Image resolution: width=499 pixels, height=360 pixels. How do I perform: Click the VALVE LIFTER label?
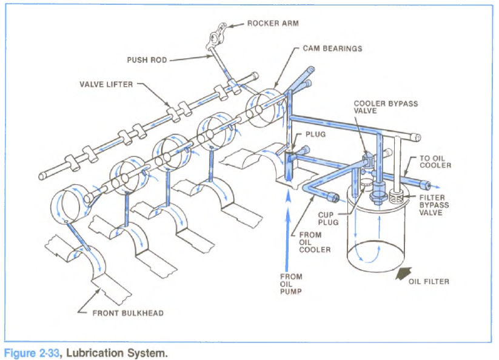[105, 84]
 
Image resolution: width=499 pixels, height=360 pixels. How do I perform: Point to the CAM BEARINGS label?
[332, 48]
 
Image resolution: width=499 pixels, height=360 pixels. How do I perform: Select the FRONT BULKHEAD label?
[128, 313]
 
